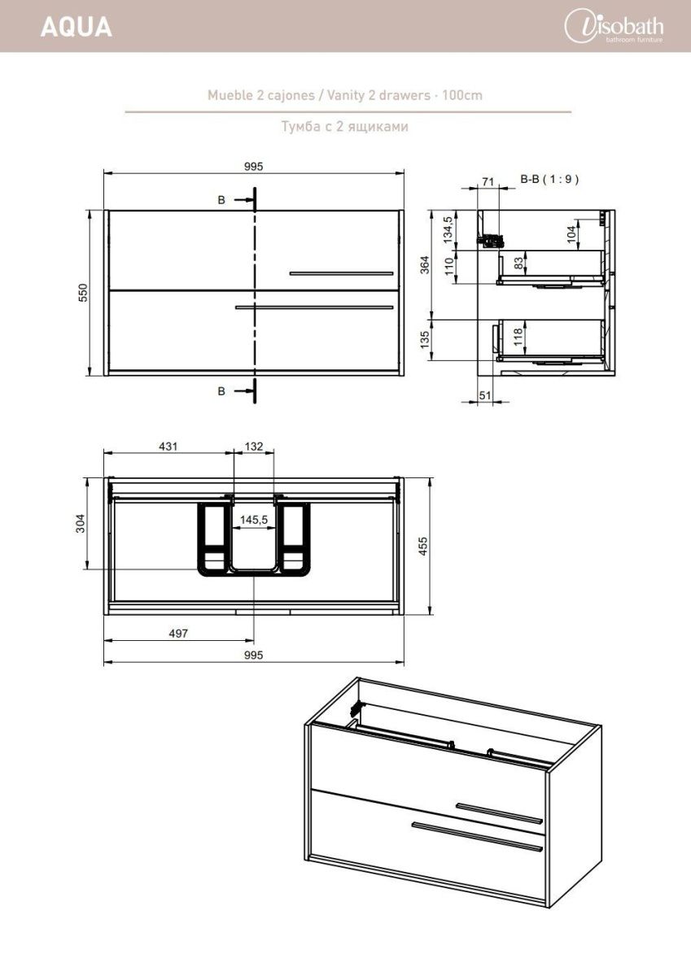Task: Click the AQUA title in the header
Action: [x=77, y=27]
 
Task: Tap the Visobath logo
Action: [x=614, y=27]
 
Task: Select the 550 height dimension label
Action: [x=83, y=292]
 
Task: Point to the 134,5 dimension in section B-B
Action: [x=448, y=229]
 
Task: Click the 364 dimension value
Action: [x=425, y=265]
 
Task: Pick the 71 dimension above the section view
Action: [x=488, y=181]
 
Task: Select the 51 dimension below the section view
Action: [x=485, y=395]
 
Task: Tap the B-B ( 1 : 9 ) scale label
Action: [x=549, y=179]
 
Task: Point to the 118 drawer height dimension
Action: [x=518, y=337]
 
